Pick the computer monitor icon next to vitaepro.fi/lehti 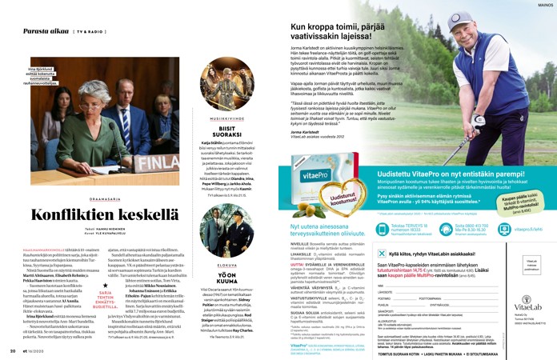(x=505, y=228)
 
